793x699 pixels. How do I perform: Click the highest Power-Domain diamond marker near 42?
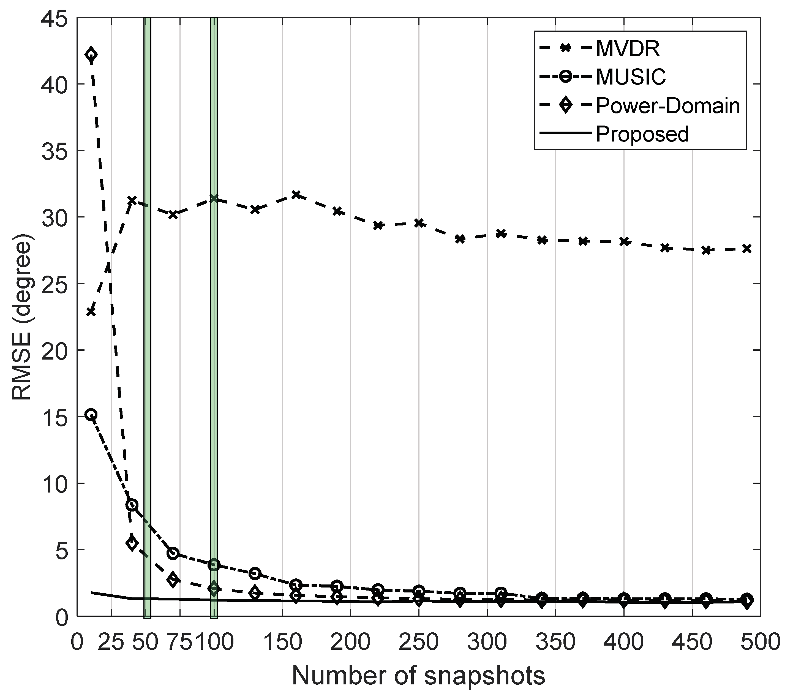click(91, 55)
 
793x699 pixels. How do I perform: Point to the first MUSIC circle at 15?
click(91, 415)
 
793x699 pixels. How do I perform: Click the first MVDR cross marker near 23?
click(91, 312)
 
